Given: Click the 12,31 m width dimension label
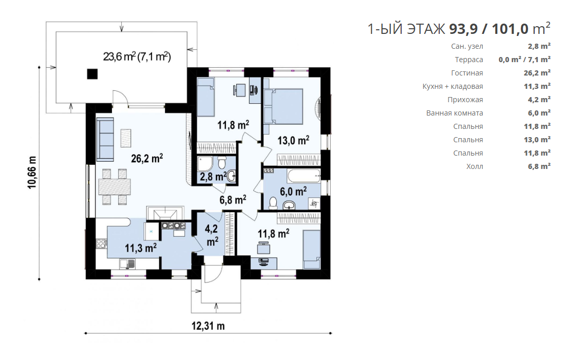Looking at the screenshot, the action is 208,326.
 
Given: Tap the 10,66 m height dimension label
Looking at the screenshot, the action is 32,172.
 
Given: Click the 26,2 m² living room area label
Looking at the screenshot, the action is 147,158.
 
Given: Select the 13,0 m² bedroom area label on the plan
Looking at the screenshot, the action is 293,140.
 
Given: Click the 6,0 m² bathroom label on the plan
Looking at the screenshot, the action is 293,192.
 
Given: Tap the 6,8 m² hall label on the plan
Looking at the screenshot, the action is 232,200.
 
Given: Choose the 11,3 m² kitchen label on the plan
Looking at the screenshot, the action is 140,248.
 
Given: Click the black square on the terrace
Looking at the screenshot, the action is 92,74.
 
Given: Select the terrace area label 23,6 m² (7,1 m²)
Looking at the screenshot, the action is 137,57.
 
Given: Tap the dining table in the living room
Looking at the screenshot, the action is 115,187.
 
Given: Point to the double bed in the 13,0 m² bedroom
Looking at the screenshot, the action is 283,106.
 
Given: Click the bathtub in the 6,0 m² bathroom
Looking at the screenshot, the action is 304,176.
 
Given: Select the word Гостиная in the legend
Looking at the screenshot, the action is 467,73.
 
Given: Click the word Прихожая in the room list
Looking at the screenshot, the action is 465,100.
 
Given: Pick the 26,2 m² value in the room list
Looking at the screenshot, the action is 537,73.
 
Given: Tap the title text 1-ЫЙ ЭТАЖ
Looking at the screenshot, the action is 406,29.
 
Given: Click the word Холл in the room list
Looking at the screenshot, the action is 475,167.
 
